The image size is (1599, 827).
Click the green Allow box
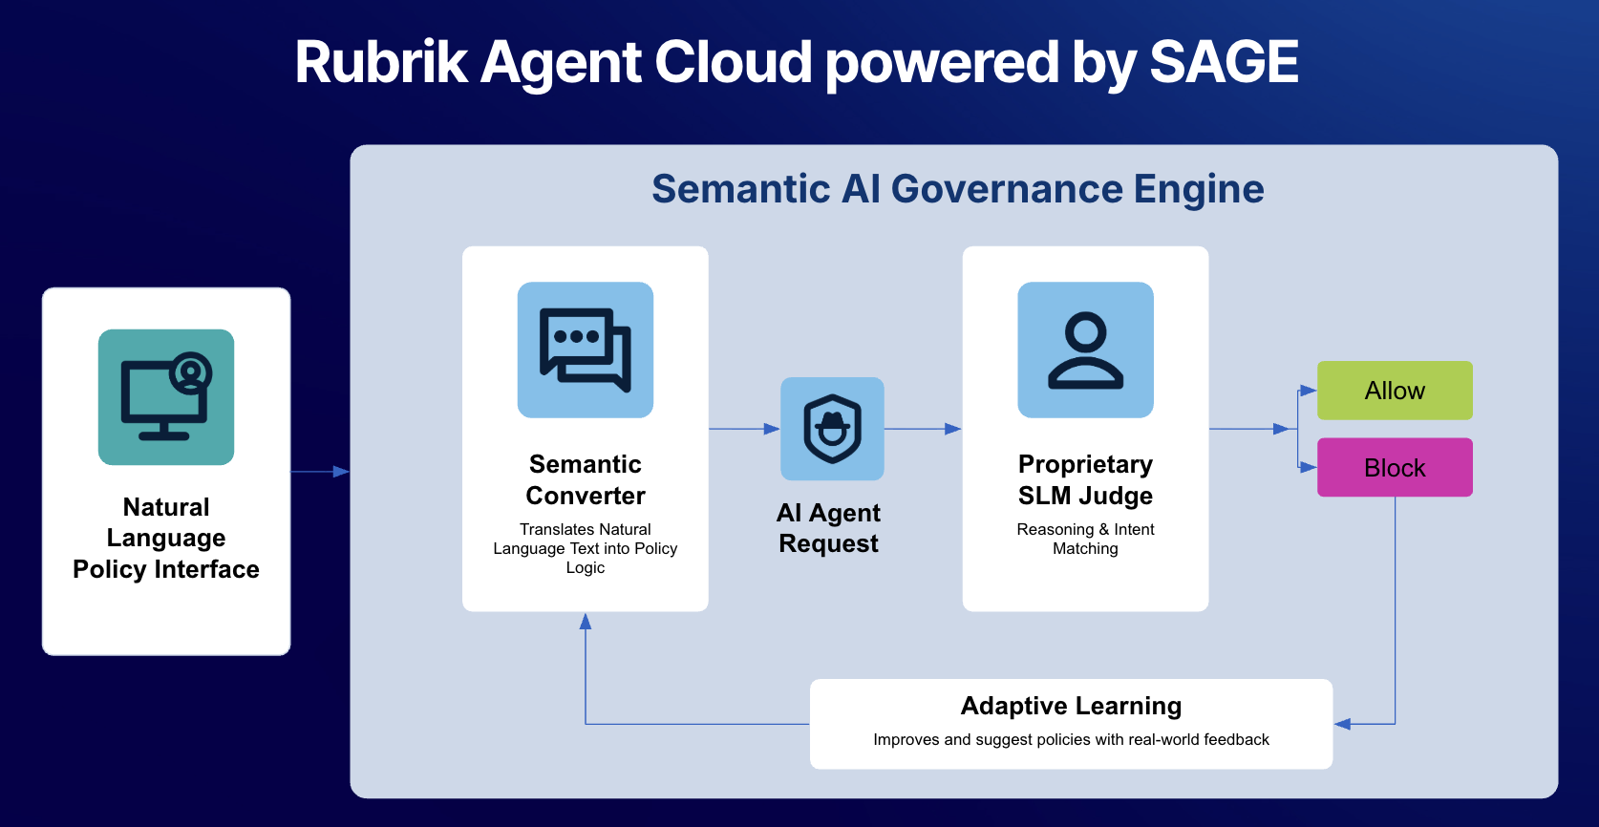tap(1395, 391)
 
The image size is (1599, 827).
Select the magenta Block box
tap(1395, 468)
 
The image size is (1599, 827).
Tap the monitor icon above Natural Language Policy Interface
tap(166, 397)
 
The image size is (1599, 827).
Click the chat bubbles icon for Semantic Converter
tap(586, 350)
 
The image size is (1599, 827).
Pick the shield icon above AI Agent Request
tap(832, 429)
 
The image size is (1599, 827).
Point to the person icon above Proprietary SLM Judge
tap(1085, 350)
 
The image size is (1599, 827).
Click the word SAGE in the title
tap(1224, 63)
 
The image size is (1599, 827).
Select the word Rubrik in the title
tap(380, 63)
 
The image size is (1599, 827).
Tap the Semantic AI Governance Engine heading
tap(957, 189)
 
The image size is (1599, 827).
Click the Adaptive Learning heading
tap(1071, 706)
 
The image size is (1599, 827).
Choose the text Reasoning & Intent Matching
tap(1085, 539)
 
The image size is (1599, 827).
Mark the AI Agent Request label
tap(828, 528)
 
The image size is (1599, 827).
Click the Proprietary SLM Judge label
tap(1085, 479)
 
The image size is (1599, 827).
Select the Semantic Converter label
tap(586, 479)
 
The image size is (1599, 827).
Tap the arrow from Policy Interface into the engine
tap(320, 472)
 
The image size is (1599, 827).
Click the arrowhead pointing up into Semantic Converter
tap(586, 622)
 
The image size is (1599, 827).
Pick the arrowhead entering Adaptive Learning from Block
tap(1342, 724)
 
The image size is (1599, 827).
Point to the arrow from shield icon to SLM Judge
tap(923, 429)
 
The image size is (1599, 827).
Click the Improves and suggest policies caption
tap(1071, 740)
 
